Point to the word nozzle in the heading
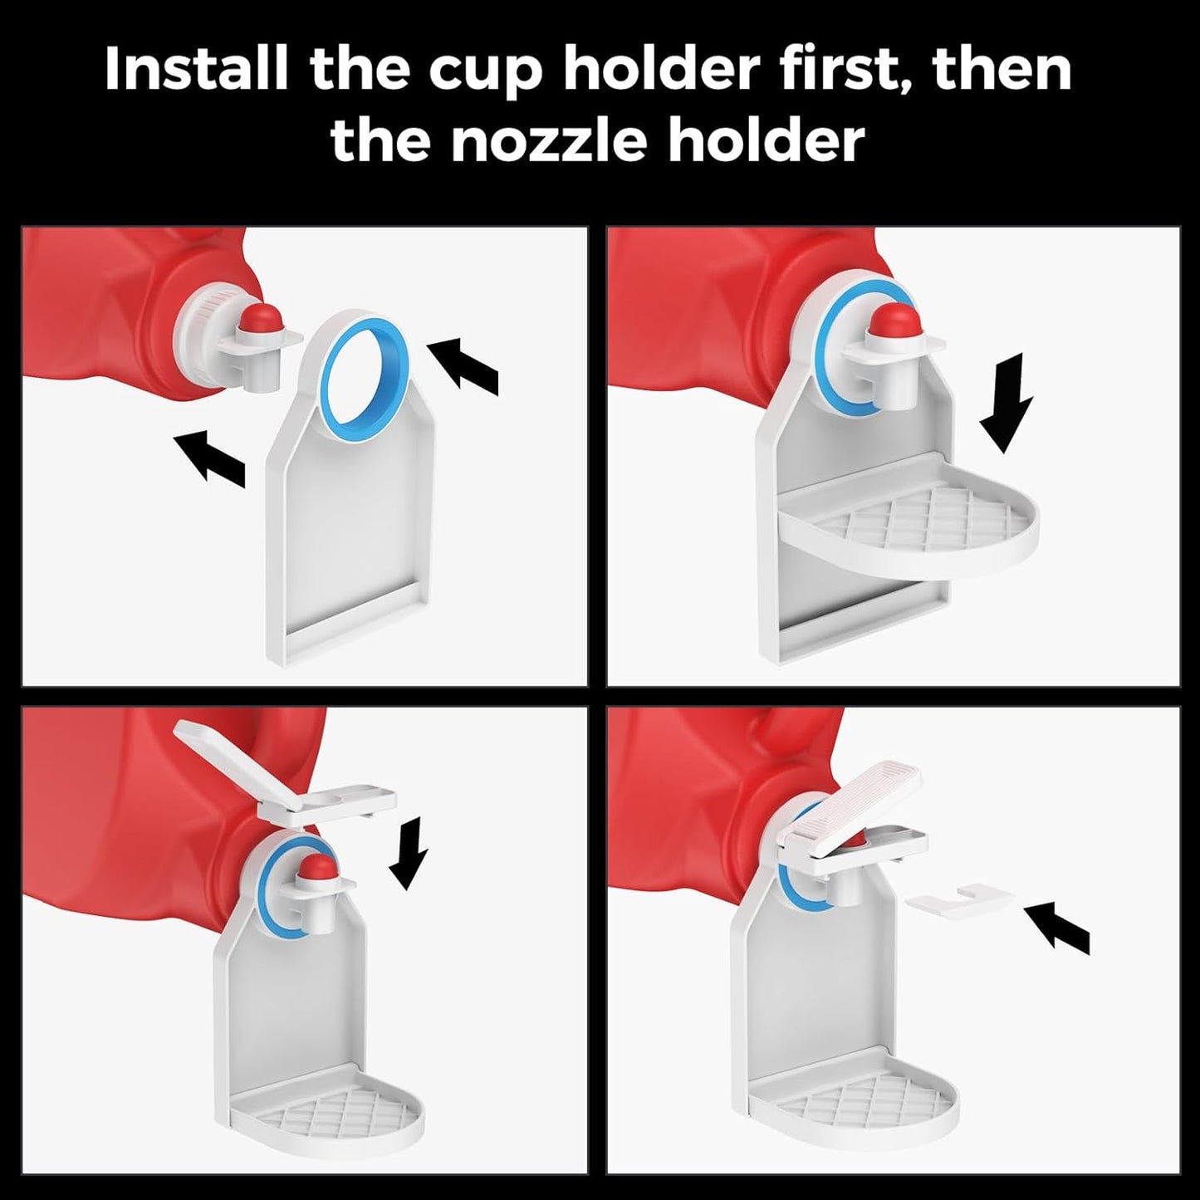click(549, 140)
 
